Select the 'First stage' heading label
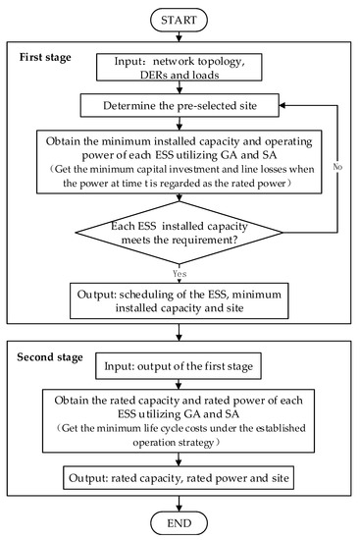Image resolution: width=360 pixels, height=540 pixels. pyautogui.click(x=46, y=59)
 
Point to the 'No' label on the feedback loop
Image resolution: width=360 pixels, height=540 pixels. pyautogui.click(x=335, y=167)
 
